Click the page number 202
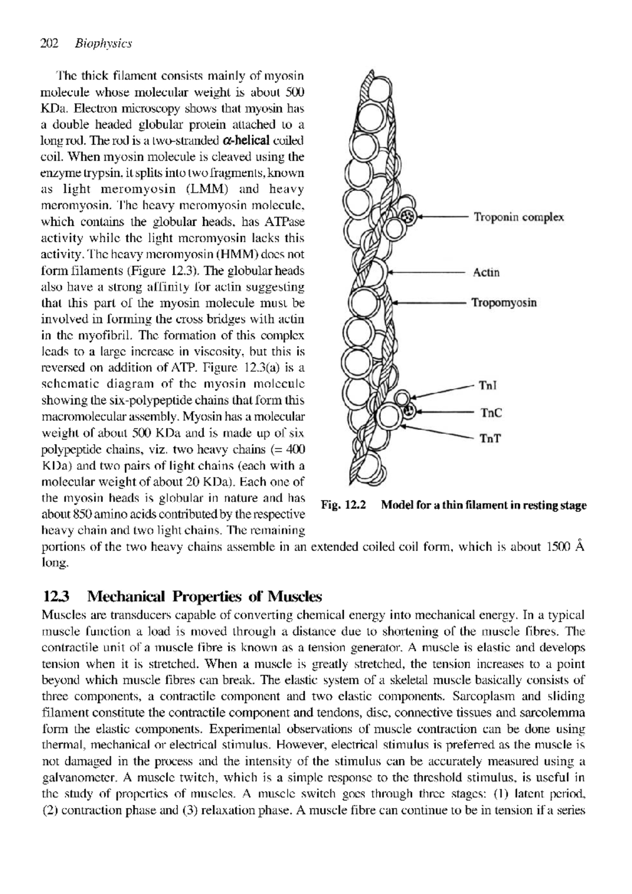click(49, 44)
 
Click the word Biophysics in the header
click(103, 44)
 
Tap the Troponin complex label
click(519, 217)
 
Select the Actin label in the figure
click(486, 272)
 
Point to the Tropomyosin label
click(504, 303)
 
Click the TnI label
click(488, 386)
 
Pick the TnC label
click(490, 412)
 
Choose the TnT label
click(489, 438)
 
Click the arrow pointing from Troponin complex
click(442, 217)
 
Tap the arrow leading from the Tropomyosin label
click(429, 303)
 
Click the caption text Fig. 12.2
click(343, 506)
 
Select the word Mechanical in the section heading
click(126, 597)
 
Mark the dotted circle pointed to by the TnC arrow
click(408, 410)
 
